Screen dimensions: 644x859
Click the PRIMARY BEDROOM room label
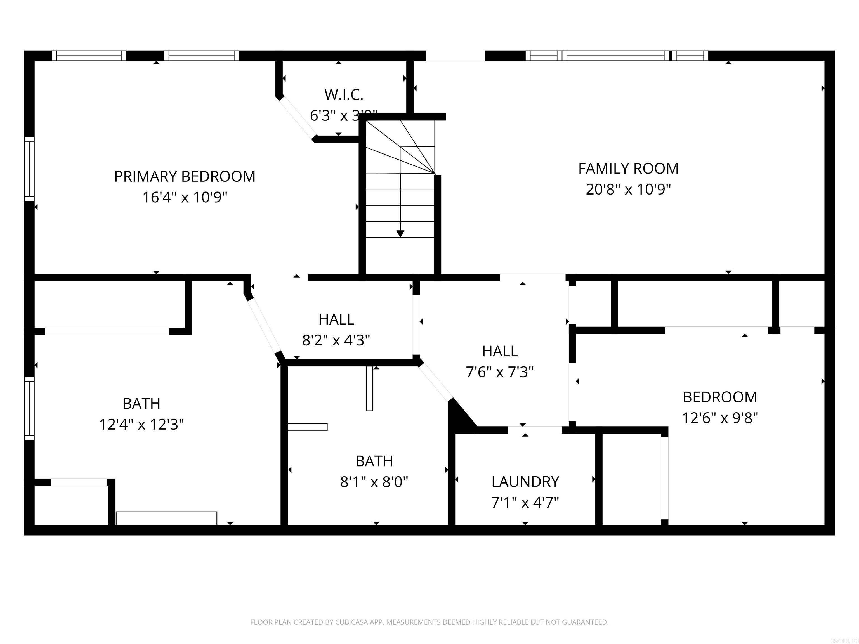click(185, 177)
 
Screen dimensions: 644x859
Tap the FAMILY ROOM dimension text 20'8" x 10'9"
click(628, 190)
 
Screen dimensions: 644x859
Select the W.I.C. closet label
click(344, 94)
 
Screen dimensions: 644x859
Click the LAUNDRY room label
click(525, 482)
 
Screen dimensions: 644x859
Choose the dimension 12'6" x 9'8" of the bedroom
click(720, 418)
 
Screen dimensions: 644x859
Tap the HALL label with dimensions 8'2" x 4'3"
click(336, 319)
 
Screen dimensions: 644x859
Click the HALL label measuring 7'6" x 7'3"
click(500, 351)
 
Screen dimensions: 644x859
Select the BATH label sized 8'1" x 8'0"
click(374, 461)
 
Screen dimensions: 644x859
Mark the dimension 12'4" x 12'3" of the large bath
click(141, 425)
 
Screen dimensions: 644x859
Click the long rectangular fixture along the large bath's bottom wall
click(166, 518)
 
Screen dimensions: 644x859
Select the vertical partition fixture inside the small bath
click(369, 388)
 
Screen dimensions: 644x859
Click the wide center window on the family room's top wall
click(615, 56)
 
